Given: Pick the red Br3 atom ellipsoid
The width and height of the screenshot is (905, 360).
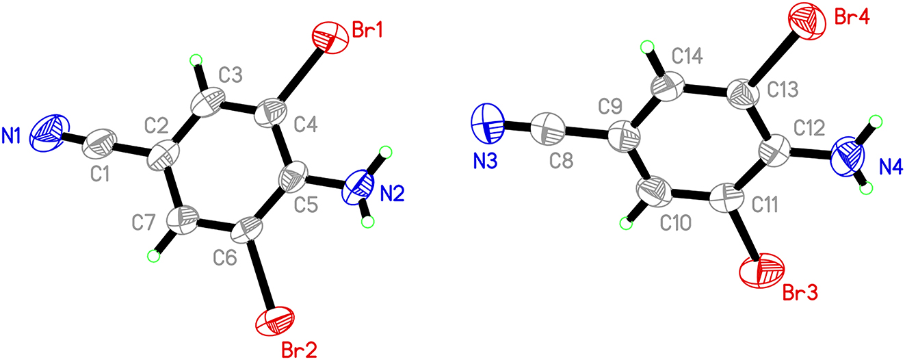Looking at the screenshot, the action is [x=761, y=270].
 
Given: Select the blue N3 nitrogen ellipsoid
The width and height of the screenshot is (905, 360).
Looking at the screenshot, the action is [x=488, y=124].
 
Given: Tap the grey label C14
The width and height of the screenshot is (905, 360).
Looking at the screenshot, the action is [x=687, y=57].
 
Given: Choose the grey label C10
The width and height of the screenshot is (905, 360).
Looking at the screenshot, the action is [x=676, y=222].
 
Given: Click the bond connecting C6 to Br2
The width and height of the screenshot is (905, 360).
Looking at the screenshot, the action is [x=261, y=273].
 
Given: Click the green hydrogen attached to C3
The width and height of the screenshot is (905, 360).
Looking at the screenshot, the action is [x=196, y=61].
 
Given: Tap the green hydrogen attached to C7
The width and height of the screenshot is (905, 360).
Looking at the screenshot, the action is [x=153, y=256].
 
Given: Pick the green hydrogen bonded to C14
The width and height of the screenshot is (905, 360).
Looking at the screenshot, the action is [x=647, y=47].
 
